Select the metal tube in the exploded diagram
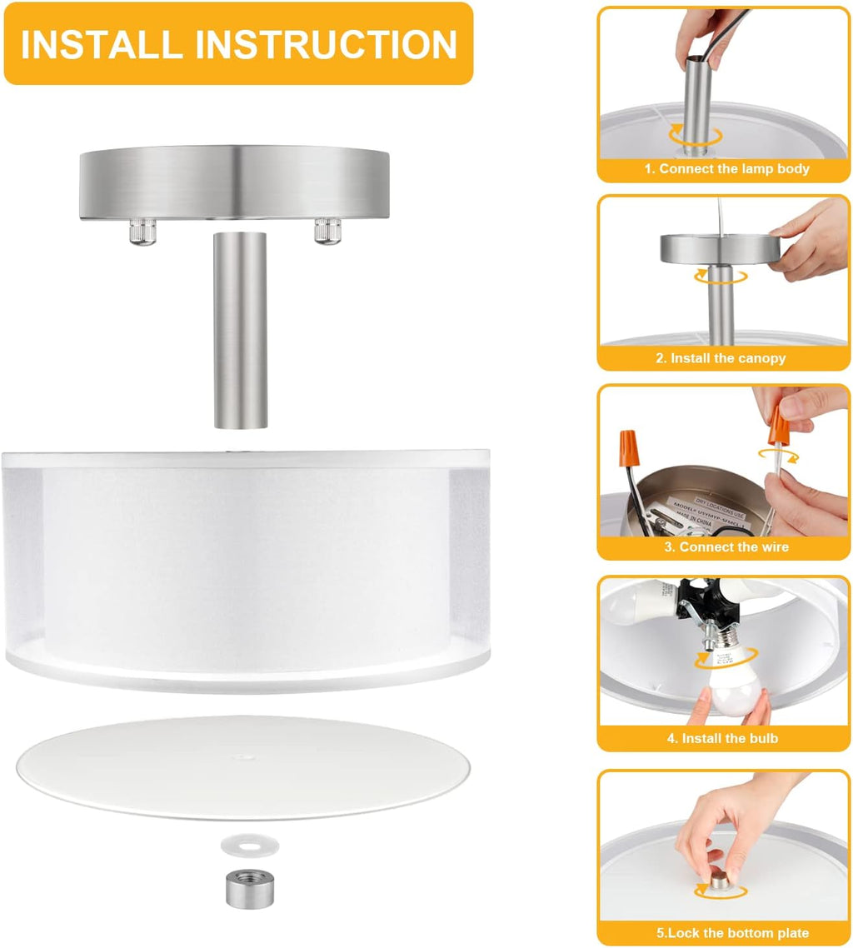click(x=240, y=331)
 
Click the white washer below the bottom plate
click(x=249, y=846)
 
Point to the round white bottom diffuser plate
click(x=242, y=766)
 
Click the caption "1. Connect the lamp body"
click(x=726, y=168)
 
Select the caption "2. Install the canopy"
click(x=721, y=358)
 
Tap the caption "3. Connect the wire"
click(x=726, y=547)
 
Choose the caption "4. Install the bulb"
click(x=722, y=738)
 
